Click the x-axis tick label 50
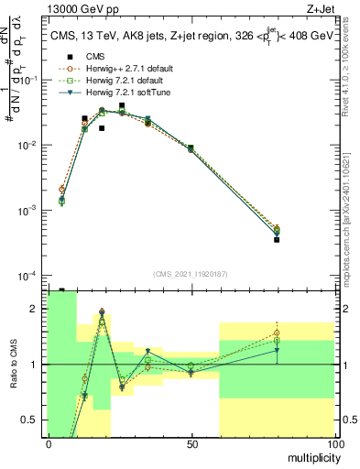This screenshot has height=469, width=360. (191, 442)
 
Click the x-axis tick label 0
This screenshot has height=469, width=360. (49, 442)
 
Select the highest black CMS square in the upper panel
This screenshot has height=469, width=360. (122, 105)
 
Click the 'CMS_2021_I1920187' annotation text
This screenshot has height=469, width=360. (191, 273)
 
